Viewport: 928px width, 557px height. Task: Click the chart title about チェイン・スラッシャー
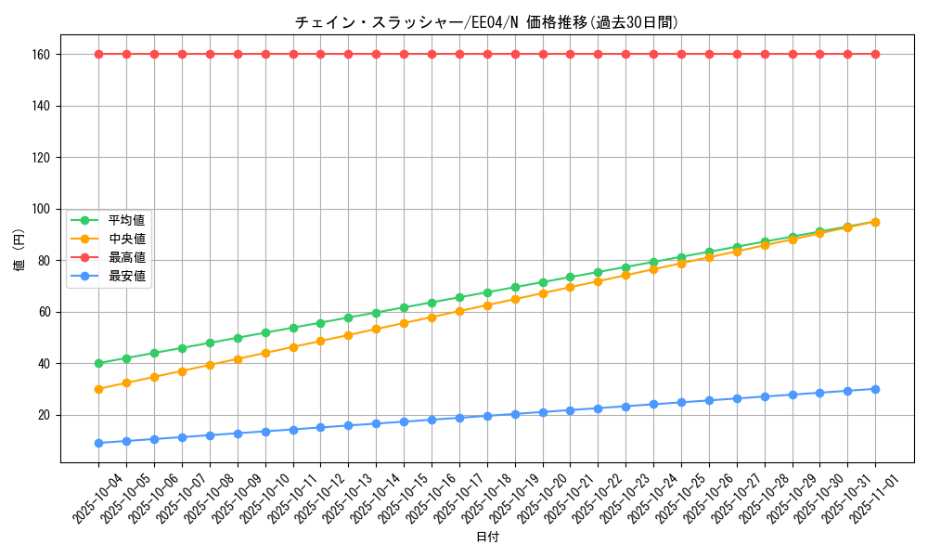(x=486, y=22)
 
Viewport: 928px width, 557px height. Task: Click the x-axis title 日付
(x=487, y=538)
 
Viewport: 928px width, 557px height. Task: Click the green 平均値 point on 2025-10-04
(x=98, y=363)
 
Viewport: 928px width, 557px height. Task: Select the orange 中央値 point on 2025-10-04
(x=98, y=389)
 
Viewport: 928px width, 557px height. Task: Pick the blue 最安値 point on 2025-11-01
(x=875, y=389)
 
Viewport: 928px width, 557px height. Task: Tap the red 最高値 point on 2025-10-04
(x=98, y=54)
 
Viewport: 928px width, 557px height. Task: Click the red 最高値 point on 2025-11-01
(x=875, y=54)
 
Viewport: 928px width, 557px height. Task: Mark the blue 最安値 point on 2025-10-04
(x=98, y=443)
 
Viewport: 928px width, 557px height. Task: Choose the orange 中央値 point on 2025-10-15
(x=404, y=323)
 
